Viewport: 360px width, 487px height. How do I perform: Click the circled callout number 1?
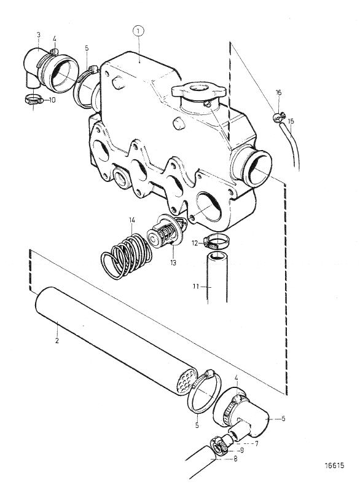tap(138, 31)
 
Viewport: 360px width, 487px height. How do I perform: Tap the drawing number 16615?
tap(335, 465)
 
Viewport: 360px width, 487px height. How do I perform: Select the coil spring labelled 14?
tap(127, 256)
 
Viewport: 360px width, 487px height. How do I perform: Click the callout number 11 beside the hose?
tap(195, 287)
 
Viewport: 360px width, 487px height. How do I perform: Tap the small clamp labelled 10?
tap(34, 100)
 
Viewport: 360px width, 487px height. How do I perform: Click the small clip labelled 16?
tap(279, 117)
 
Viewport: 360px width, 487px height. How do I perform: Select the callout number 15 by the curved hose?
tap(291, 121)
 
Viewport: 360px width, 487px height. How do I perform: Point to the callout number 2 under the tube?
tap(57, 341)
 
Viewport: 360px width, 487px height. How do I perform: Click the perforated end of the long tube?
tap(186, 381)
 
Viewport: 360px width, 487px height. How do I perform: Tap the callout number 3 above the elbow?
tap(39, 35)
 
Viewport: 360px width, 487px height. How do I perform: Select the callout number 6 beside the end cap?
tap(283, 419)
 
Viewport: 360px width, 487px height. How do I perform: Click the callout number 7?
tap(257, 443)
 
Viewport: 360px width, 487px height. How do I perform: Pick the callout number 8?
tap(235, 458)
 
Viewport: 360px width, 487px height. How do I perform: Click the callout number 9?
tap(242, 449)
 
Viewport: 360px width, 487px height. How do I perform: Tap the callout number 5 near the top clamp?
tap(87, 48)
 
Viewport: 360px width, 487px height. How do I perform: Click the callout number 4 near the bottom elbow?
tap(237, 378)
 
